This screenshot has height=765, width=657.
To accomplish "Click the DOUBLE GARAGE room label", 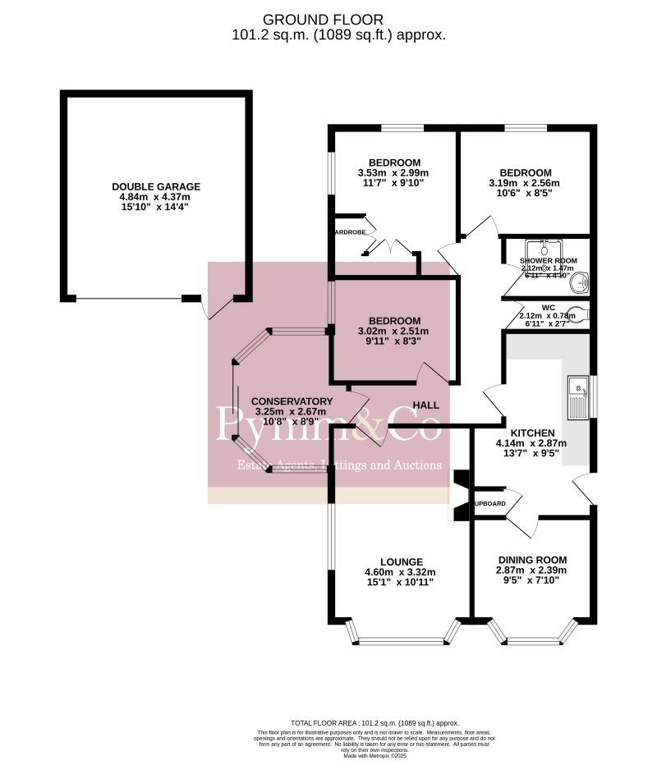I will tap(156, 186).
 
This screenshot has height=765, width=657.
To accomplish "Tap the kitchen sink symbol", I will tap(578, 396).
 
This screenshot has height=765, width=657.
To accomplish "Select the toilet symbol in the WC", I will tap(581, 313).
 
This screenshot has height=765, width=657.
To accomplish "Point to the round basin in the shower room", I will tap(581, 283).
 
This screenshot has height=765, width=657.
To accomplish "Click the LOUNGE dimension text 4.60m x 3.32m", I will tap(399, 572).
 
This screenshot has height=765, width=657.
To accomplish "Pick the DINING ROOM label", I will tap(531, 560).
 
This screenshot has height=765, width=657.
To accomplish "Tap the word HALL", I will tap(425, 405).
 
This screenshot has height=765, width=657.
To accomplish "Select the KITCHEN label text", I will tap(532, 433).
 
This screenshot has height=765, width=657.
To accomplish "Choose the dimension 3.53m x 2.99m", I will tap(393, 172).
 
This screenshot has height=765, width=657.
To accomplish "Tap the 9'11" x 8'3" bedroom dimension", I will tap(393, 342).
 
